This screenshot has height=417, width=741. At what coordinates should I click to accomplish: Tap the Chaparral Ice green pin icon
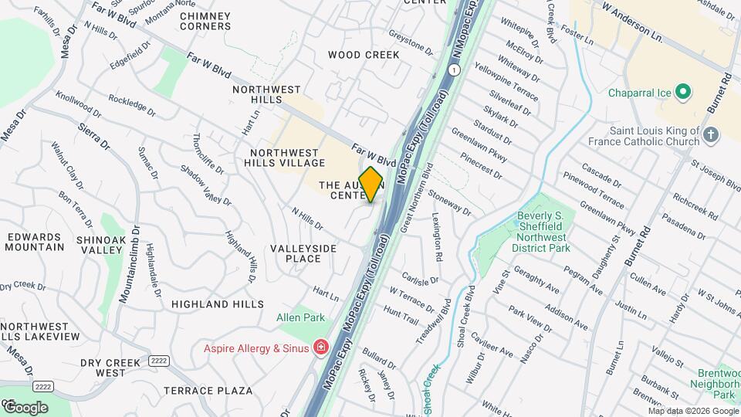pos(682,93)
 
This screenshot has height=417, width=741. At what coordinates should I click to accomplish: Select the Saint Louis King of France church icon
pos(711,136)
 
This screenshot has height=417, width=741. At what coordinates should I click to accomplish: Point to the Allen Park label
pos(301,318)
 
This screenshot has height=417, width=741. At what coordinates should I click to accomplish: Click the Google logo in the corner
pos(25,407)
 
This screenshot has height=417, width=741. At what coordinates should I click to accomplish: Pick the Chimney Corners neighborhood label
pos(205,21)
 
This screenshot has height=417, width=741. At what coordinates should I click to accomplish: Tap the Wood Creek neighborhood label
pos(364,55)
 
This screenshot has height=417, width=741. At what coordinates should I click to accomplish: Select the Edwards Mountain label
pos(34,242)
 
